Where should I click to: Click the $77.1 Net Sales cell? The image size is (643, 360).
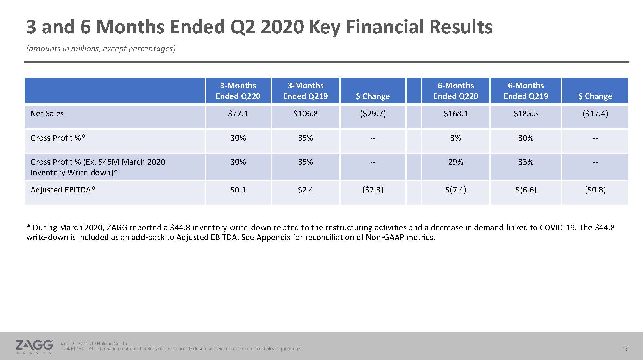pyautogui.click(x=238, y=114)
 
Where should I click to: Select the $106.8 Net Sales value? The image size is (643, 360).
pyautogui.click(x=305, y=114)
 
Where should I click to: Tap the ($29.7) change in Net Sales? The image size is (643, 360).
pyautogui.click(x=372, y=114)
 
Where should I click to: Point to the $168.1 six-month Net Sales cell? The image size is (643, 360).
pyautogui.click(x=456, y=114)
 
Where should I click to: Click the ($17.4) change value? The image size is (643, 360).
pyautogui.click(x=595, y=114)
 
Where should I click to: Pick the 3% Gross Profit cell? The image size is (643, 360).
pyautogui.click(x=456, y=138)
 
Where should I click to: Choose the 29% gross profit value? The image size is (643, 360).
pyautogui.click(x=456, y=162)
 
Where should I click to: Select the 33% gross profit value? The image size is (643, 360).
pyautogui.click(x=525, y=162)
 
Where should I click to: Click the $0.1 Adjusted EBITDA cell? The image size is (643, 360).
pyautogui.click(x=238, y=190)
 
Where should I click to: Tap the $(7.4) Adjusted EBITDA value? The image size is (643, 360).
pyautogui.click(x=456, y=190)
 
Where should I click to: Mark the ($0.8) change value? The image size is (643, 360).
pyautogui.click(x=595, y=190)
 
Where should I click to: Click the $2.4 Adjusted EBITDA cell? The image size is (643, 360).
pyautogui.click(x=305, y=190)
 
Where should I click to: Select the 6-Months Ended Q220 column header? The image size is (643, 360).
pyautogui.click(x=456, y=91)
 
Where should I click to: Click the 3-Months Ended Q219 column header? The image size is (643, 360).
pyautogui.click(x=305, y=91)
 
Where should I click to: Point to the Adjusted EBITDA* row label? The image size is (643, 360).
pyautogui.click(x=62, y=190)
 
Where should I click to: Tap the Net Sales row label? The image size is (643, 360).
pyautogui.click(x=47, y=114)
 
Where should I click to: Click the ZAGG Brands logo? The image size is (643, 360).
pyautogui.click(x=34, y=346)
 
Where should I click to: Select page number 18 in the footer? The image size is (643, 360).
pyautogui.click(x=625, y=349)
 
